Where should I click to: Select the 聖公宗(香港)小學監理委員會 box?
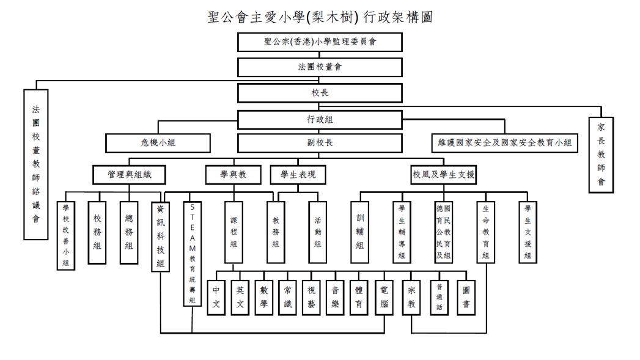320,42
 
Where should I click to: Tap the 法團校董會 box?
320,67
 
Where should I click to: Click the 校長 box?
320,93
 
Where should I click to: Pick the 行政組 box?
320,120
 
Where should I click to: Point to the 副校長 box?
320,143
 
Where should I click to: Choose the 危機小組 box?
158,143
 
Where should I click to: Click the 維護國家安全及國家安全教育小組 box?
505,143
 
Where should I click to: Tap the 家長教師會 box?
601,154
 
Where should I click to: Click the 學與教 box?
234,175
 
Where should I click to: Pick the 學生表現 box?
298,175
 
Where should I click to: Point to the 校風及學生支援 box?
444,175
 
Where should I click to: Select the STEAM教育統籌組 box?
192,254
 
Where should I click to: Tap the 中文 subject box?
216,298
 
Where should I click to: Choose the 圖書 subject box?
466,298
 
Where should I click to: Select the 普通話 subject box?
439,298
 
